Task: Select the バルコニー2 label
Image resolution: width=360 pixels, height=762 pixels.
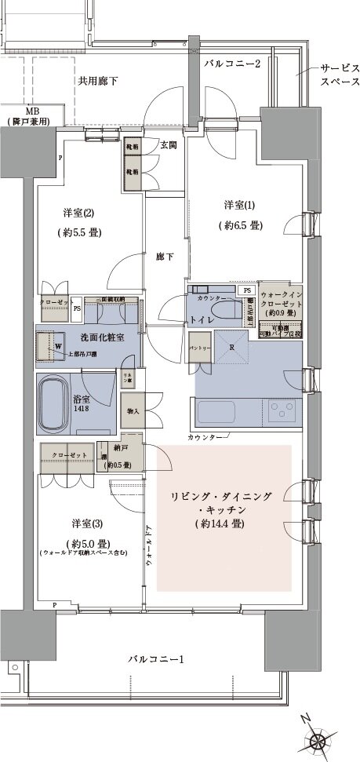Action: click(231, 63)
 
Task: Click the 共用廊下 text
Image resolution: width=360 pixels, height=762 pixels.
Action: click(97, 80)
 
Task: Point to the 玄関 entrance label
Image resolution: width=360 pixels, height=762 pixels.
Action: click(169, 145)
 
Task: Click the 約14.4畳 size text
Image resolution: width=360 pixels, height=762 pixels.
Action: click(224, 523)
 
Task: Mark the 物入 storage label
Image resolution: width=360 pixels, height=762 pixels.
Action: click(131, 410)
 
